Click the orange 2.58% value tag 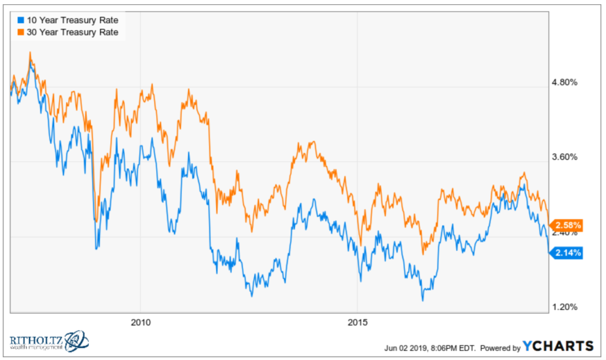click(568, 225)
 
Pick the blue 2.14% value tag click(568, 253)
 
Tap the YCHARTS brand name click(559, 346)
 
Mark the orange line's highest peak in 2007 click(30, 53)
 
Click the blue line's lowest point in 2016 click(423, 300)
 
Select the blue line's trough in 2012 click(252, 295)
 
